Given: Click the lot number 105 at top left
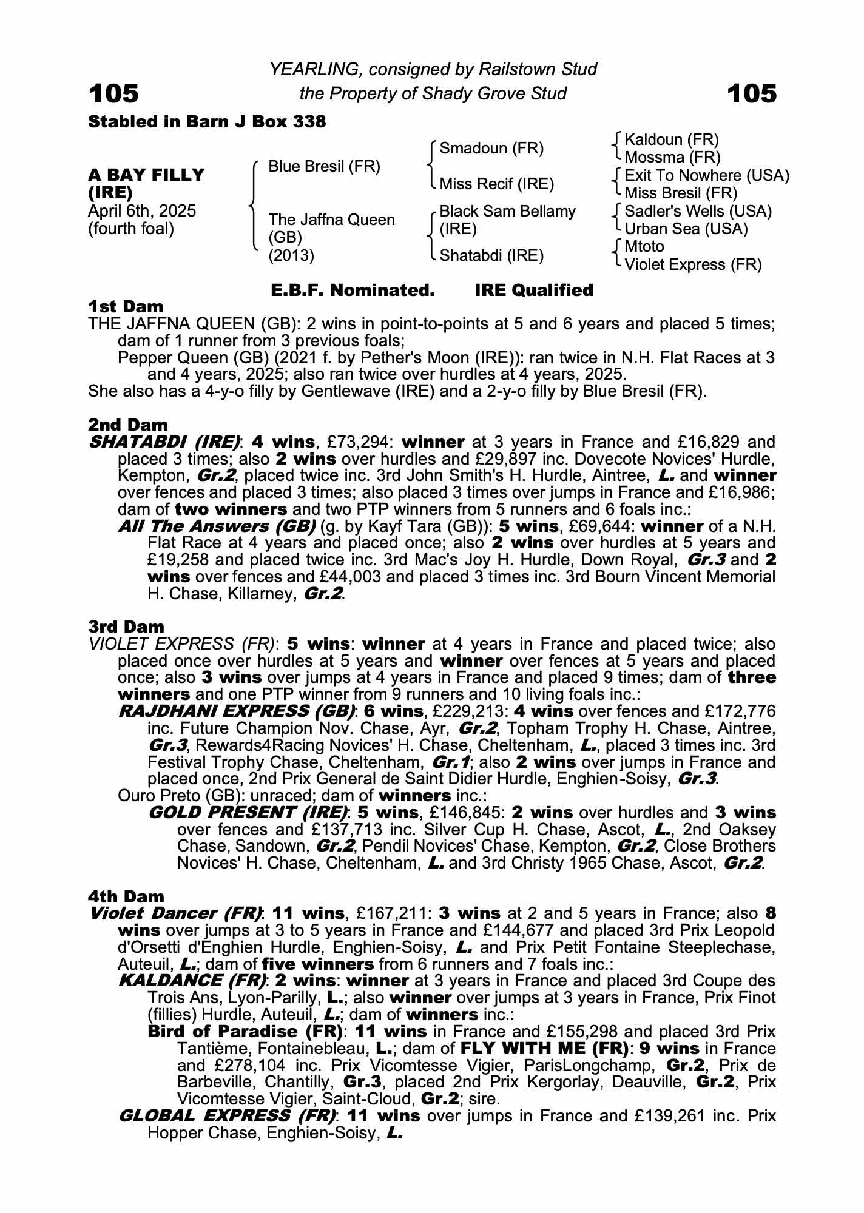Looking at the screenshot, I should [113, 94].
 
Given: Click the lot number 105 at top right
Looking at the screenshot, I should [751, 94].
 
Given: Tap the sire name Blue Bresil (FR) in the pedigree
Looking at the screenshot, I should [324, 167].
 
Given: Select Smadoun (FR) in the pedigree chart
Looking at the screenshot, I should [491, 149].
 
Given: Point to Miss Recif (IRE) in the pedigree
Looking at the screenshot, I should [496, 184].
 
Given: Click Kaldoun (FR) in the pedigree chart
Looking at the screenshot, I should [671, 140].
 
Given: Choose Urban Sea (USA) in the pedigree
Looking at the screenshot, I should [686, 229].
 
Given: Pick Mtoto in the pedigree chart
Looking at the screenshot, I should [644, 247].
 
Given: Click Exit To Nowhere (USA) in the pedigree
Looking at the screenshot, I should [707, 176].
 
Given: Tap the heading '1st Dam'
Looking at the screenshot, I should [126, 306].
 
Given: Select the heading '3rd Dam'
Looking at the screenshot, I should [126, 627].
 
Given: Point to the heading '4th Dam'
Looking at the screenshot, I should [126, 896].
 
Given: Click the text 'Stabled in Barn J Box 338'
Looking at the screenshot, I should [207, 122].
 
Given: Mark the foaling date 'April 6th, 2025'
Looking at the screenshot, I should [142, 211].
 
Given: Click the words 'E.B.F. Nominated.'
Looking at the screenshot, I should [353, 291].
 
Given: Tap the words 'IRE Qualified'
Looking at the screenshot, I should [533, 291].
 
